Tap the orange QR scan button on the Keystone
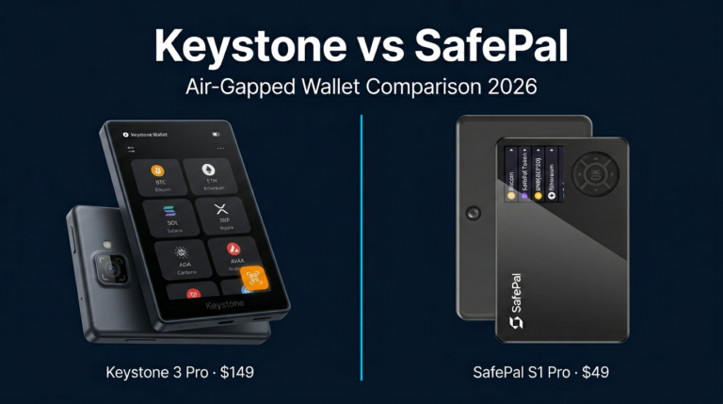pyautogui.click(x=255, y=278)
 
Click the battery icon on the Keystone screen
pyautogui.click(x=217, y=135)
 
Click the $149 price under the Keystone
pyautogui.click(x=235, y=372)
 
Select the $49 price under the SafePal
pyautogui.click(x=594, y=372)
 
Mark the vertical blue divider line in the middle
pyautogui.click(x=361, y=245)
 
